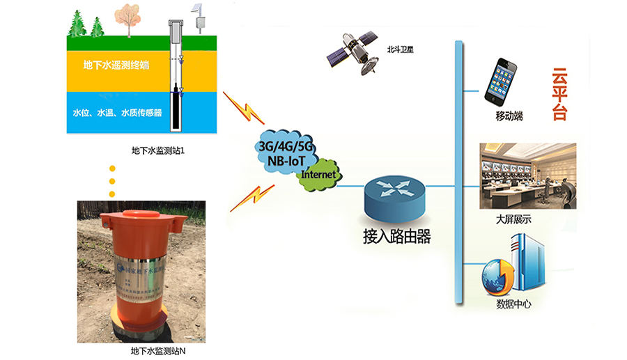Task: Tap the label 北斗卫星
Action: pos(401,50)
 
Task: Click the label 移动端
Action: pos(509,117)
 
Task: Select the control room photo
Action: pos(528,175)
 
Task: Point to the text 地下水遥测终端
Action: pos(116,65)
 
